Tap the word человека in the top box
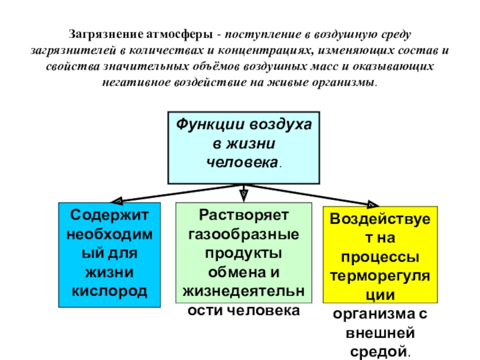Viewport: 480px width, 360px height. coord(241,163)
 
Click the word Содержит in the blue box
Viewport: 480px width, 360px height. coord(109,214)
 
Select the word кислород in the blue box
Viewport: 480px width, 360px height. coord(109,290)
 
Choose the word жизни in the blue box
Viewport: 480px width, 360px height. coord(109,271)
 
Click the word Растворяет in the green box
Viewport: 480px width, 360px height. coord(244,214)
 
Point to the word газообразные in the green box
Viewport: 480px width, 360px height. coord(244,233)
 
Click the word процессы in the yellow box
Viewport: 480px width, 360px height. coord(380,257)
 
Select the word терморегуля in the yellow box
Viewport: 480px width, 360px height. coord(380,276)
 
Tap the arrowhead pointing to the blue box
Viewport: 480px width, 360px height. coord(117,201)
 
